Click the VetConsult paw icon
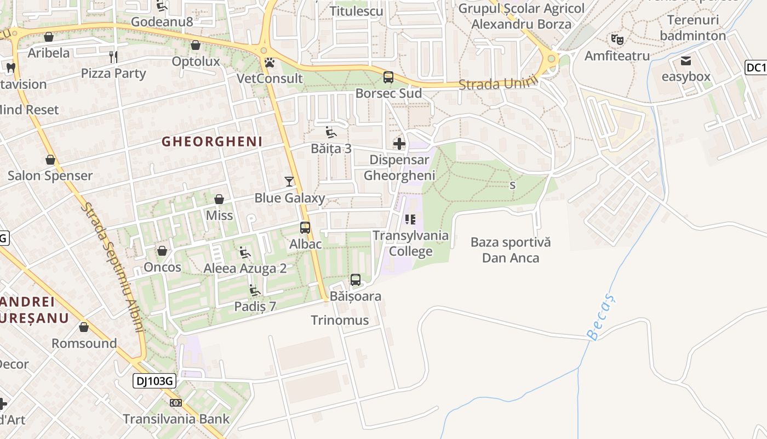(269, 63)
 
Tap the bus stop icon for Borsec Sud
(388, 77)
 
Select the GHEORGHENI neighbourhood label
(212, 142)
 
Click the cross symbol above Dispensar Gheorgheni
(399, 144)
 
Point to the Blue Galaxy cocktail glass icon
(289, 182)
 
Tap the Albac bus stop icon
(305, 228)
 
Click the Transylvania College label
(410, 244)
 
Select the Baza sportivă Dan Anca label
(511, 250)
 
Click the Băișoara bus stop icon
(356, 280)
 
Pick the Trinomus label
(340, 320)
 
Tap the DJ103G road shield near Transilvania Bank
(154, 381)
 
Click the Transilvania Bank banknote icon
(176, 403)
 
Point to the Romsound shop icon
(84, 328)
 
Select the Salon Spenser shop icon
(50, 160)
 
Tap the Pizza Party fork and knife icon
(113, 57)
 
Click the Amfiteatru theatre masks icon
(617, 39)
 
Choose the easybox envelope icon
(686, 60)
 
